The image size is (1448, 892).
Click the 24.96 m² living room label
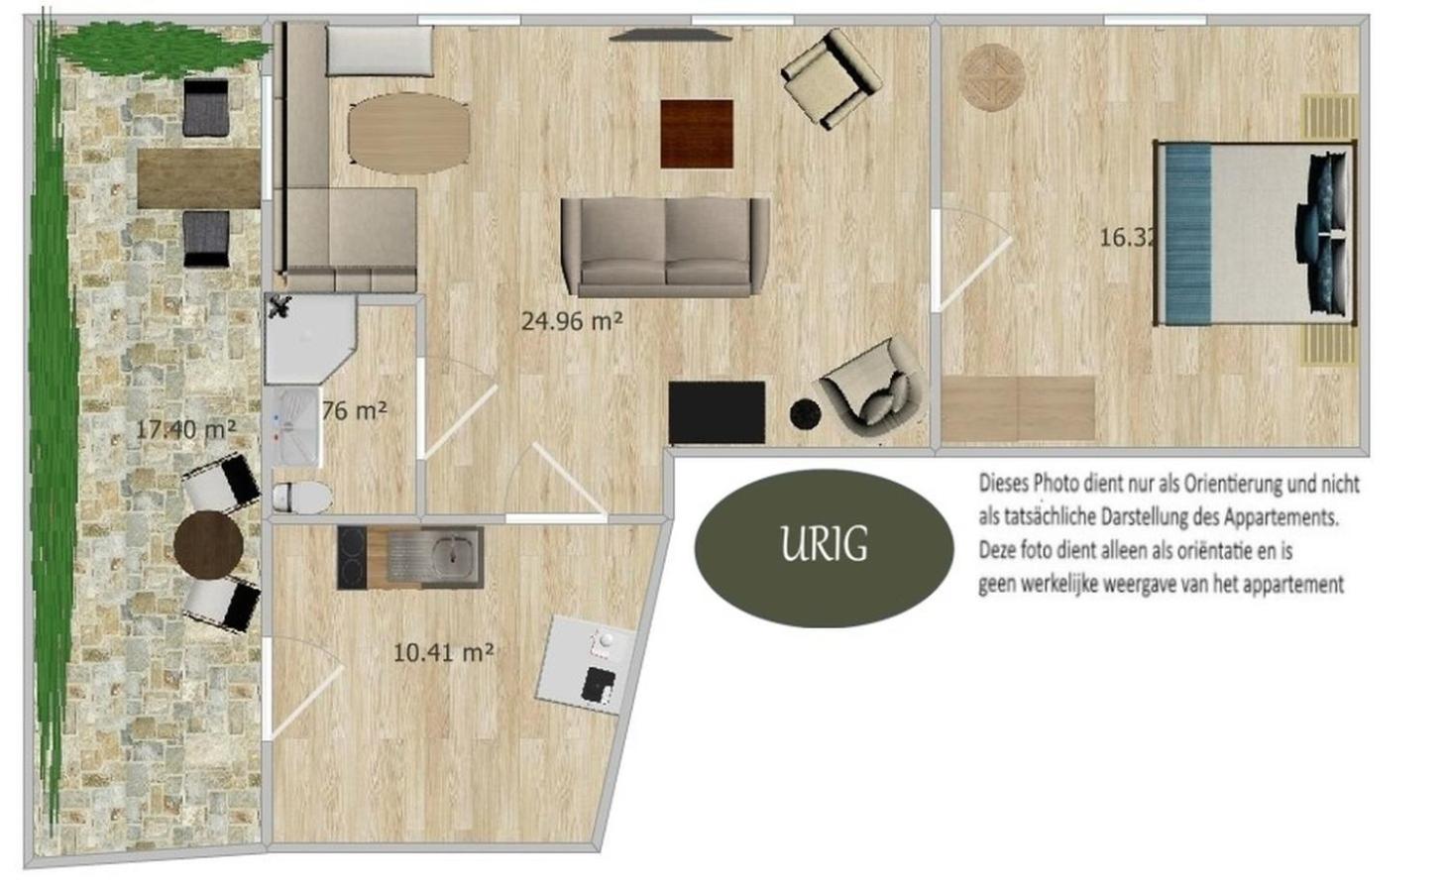[571, 321]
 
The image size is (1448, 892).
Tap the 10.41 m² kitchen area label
[443, 652]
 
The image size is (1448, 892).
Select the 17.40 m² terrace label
[185, 429]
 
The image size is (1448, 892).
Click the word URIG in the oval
[824, 545]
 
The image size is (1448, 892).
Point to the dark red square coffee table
[697, 134]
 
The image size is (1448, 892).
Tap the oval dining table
[408, 134]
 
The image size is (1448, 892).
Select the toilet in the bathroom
[301, 496]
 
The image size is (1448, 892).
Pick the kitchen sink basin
[452, 555]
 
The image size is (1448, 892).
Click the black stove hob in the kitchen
[352, 557]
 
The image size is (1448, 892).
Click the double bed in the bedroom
[1254, 234]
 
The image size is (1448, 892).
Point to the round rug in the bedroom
[991, 77]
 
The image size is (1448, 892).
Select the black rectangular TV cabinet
[717, 412]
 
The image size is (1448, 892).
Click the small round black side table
[804, 413]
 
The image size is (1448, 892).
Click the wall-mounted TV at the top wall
[670, 36]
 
